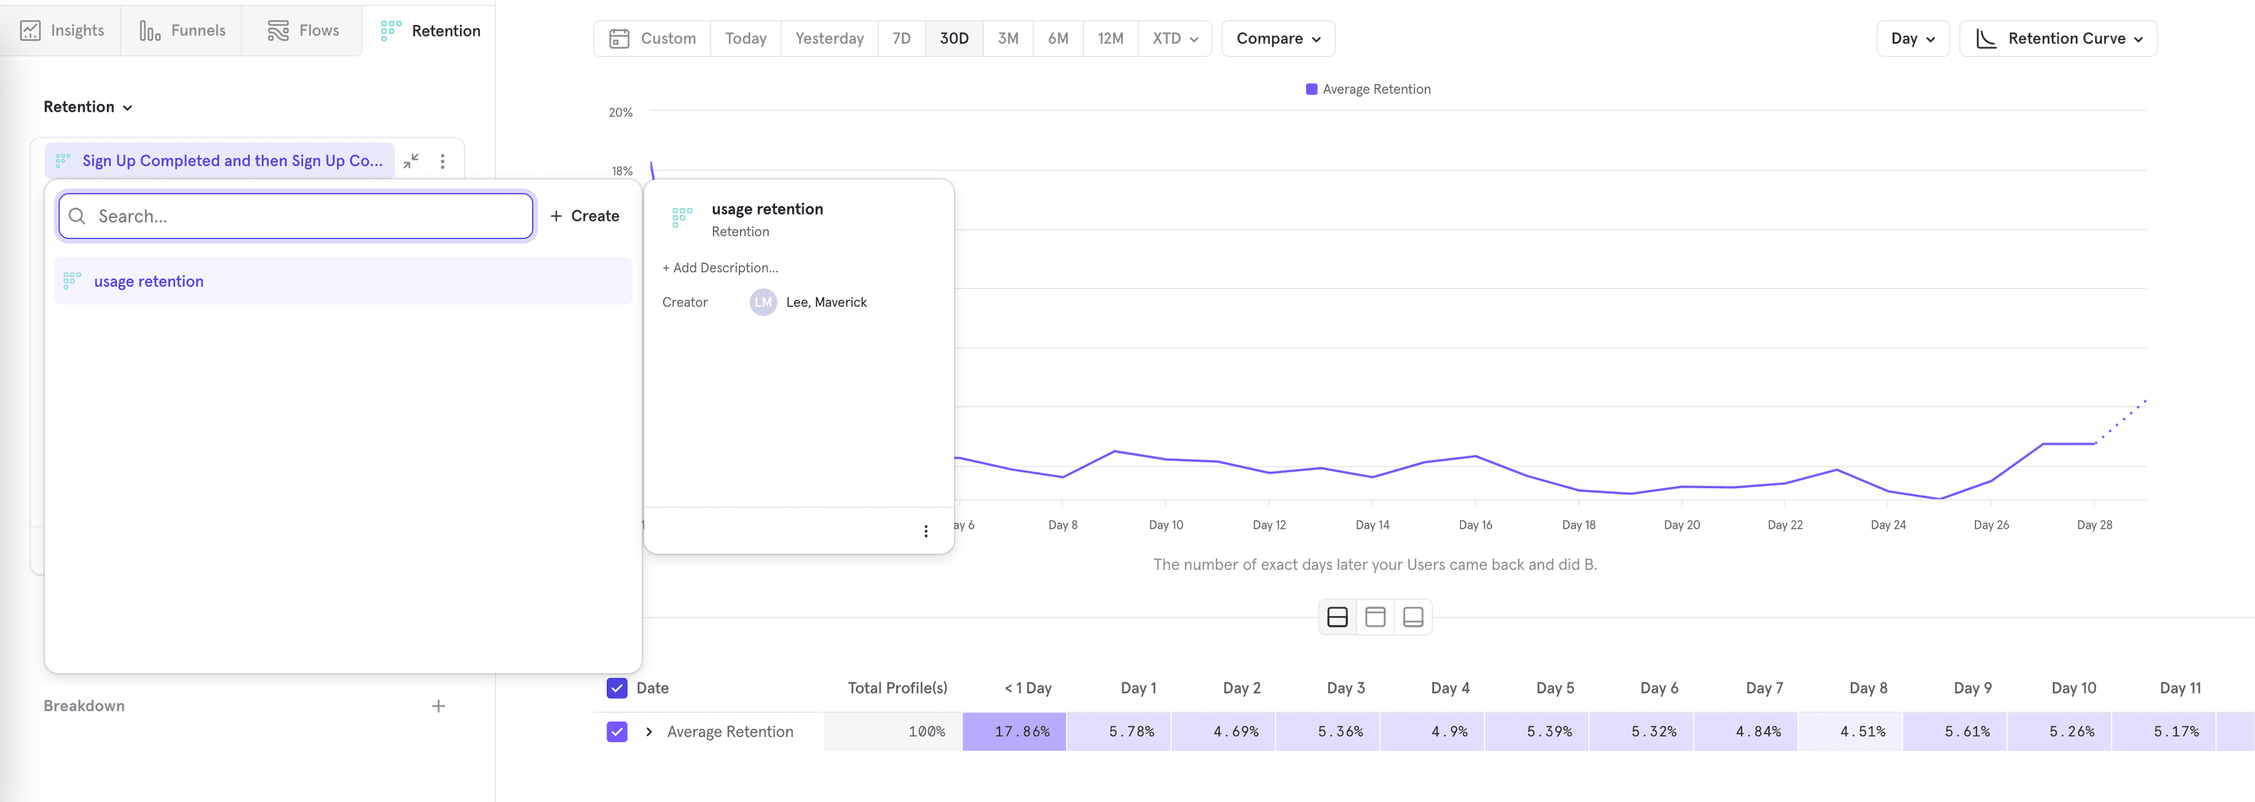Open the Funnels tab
click(182, 31)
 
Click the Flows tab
click(303, 31)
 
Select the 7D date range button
click(901, 39)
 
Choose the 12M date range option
click(1109, 39)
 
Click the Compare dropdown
click(1277, 39)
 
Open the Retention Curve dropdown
click(2058, 39)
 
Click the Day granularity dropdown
click(1912, 39)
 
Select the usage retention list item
click(149, 281)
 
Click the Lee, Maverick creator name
click(826, 302)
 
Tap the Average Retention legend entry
click(1368, 89)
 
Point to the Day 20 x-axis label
click(1681, 525)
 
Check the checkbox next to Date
click(616, 688)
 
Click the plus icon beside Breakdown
click(439, 706)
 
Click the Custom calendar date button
click(652, 39)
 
